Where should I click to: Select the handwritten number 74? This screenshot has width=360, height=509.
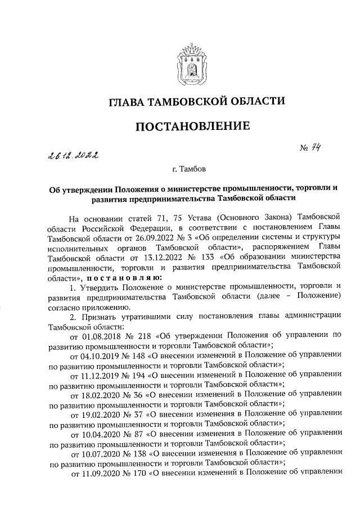(321, 148)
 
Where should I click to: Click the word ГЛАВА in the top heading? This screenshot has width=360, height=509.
(112, 102)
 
